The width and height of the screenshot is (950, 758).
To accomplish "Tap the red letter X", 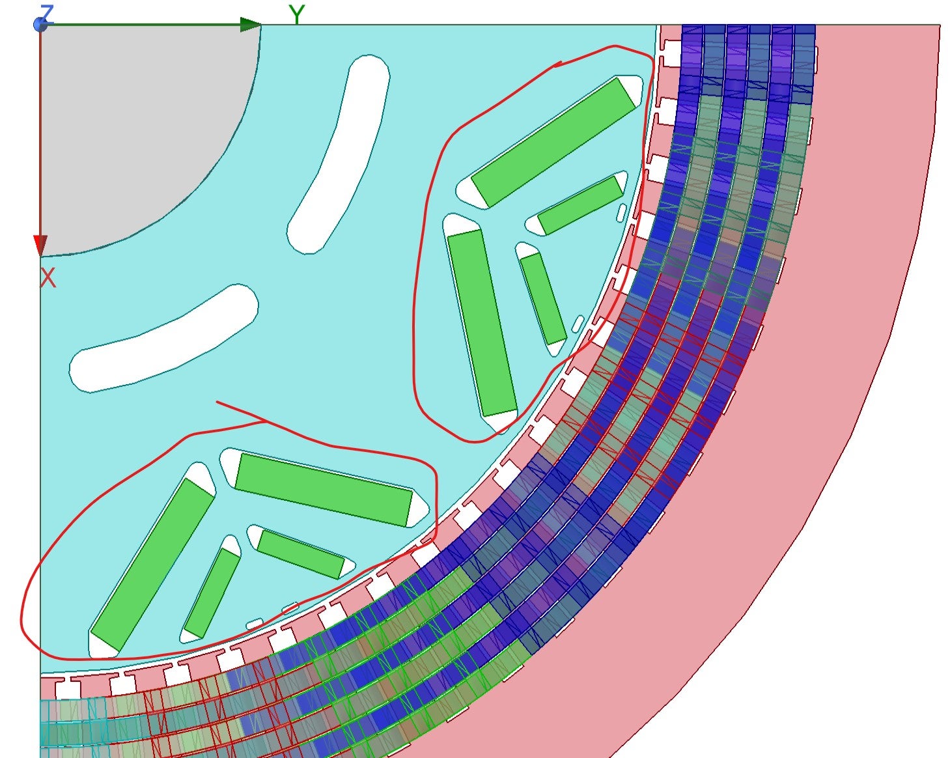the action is click(x=48, y=277).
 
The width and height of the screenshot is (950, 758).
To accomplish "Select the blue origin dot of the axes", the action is click(x=40, y=25).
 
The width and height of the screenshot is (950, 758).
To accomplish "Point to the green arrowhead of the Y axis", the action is click(x=250, y=25).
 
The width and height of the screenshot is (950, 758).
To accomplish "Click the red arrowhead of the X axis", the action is click(x=40, y=246).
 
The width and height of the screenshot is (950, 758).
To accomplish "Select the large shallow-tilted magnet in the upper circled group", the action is click(x=554, y=142).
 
